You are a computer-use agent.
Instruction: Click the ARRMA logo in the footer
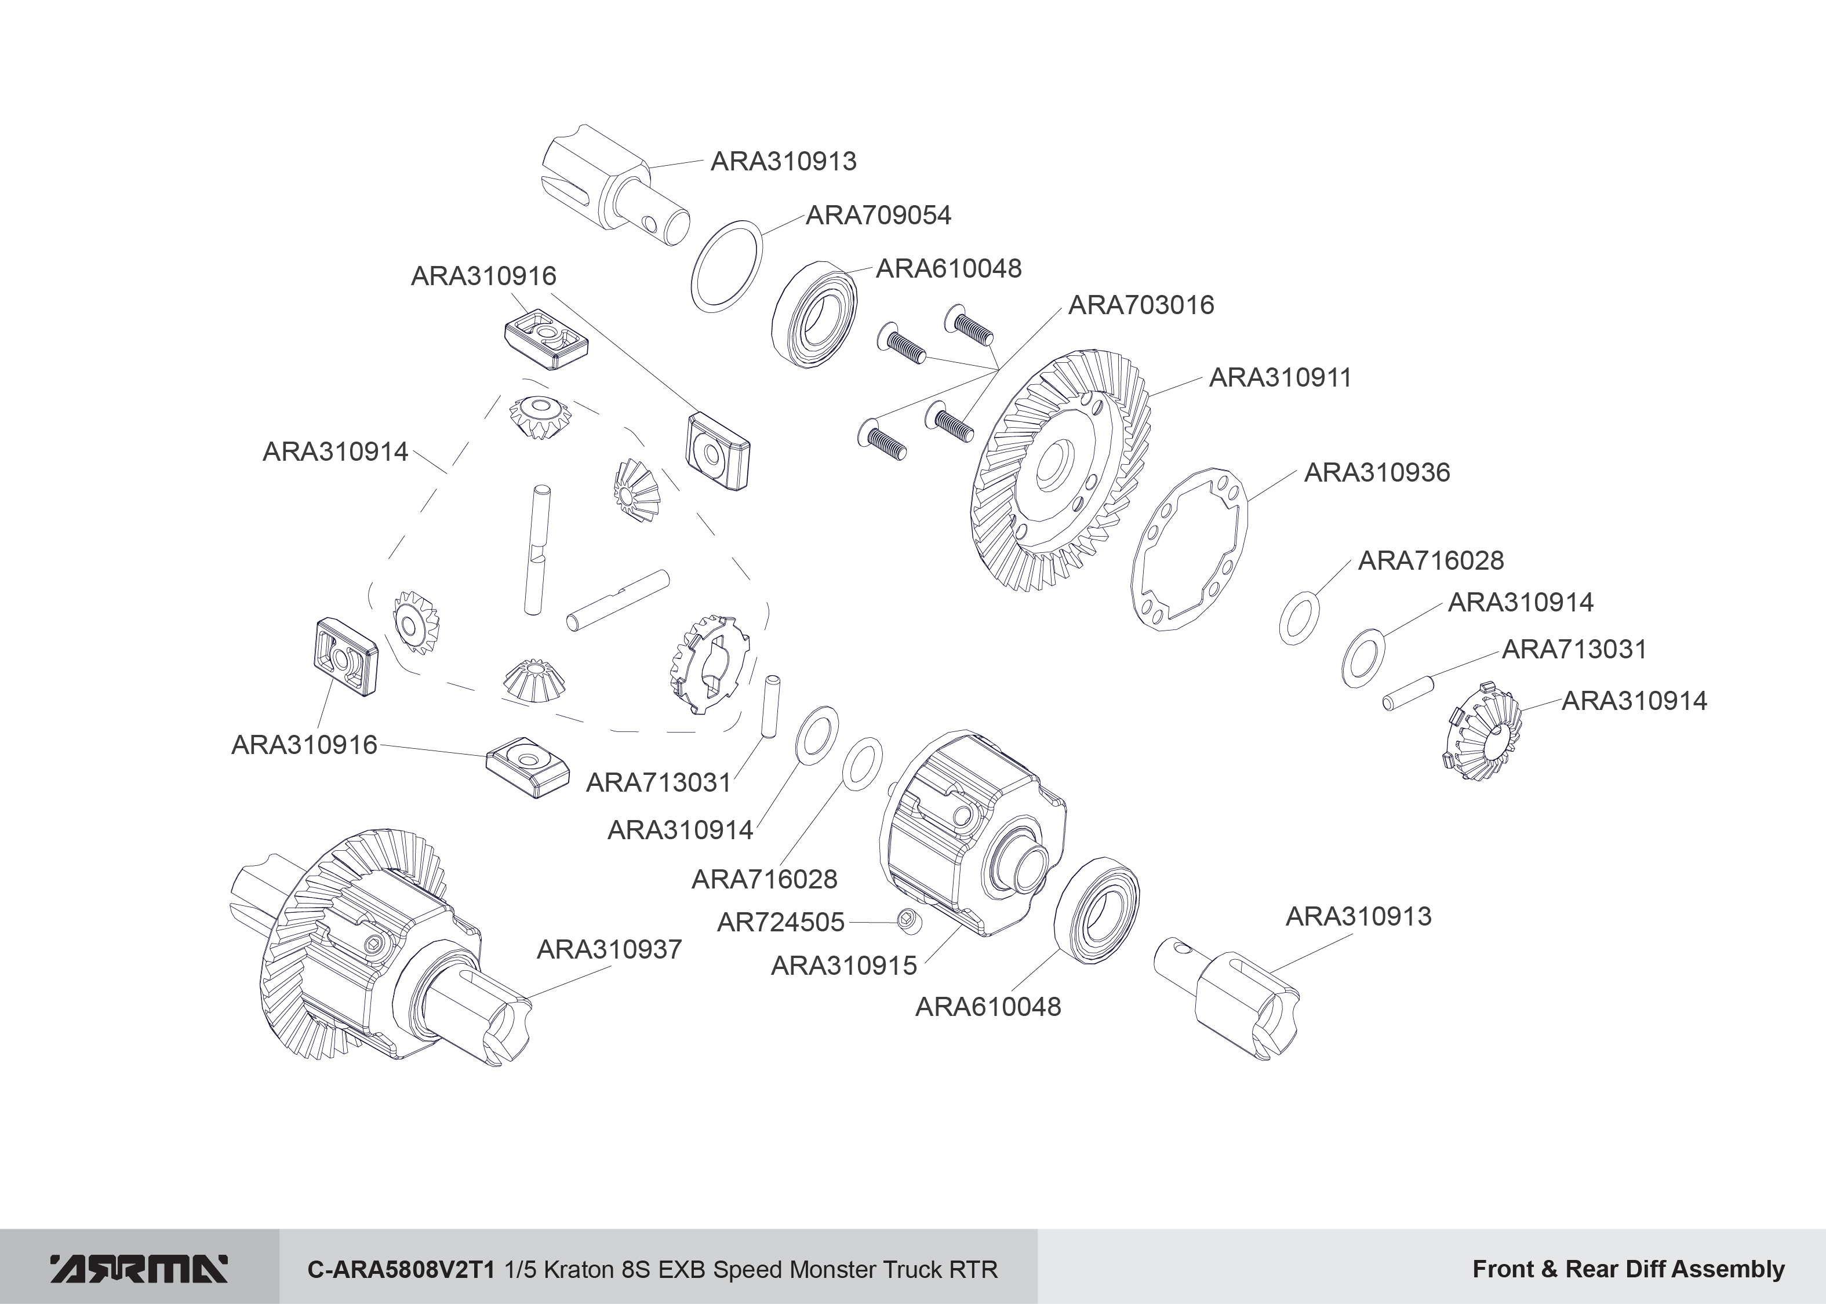(139, 1269)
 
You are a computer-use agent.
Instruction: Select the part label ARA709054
(878, 215)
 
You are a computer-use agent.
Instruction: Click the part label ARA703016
(1140, 305)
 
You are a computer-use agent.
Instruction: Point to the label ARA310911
(1280, 377)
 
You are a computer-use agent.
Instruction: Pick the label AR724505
(780, 923)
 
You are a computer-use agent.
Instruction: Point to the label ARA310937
(609, 949)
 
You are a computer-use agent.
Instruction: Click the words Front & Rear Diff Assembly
(1628, 1269)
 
